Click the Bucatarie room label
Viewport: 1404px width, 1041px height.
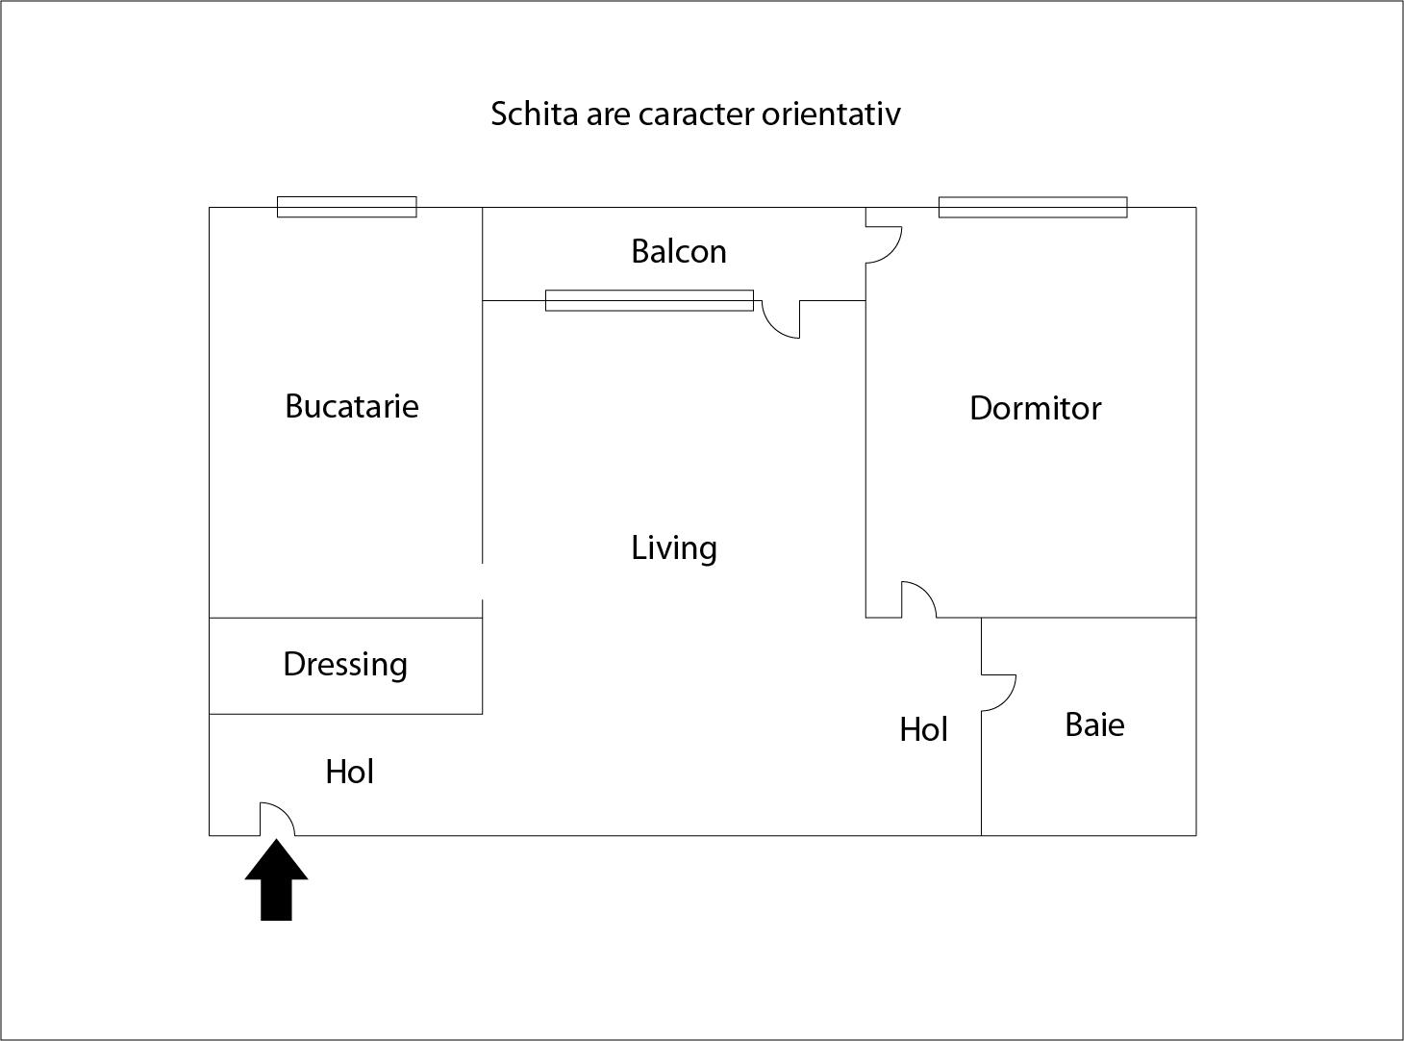352,406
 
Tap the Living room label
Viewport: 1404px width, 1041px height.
673,548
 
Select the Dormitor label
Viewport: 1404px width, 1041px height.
1035,408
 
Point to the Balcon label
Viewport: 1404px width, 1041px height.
679,251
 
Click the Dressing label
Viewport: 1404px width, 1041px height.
345,665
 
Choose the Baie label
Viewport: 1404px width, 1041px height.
1094,724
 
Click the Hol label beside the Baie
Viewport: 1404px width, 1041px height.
923,729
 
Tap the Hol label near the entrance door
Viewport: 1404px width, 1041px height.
349,772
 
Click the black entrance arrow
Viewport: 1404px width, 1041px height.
277,880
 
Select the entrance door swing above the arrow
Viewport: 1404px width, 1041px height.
277,820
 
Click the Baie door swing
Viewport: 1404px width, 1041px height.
999,693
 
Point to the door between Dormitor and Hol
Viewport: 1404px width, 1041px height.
918,599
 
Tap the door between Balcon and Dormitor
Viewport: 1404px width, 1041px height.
884,244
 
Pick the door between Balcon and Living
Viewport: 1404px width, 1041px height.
781,319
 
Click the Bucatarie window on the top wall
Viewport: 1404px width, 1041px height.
347,207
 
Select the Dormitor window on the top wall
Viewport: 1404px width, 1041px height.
1033,207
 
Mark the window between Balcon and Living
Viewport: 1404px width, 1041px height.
649,300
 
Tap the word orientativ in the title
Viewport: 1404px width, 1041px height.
831,114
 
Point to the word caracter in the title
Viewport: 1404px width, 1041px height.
696,115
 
